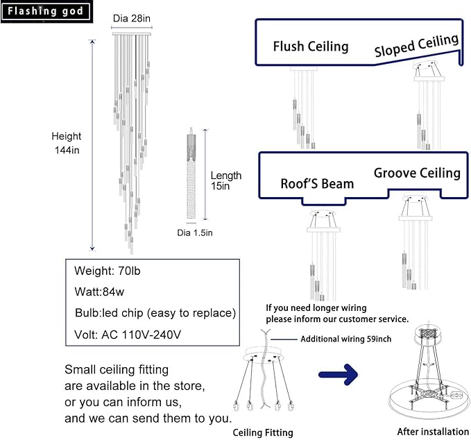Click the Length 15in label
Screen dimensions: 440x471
(x=225, y=181)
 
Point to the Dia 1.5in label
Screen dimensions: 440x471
(x=195, y=232)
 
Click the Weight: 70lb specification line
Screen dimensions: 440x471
(x=108, y=269)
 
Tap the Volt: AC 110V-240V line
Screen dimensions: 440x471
(x=128, y=335)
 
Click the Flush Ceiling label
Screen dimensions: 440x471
(x=310, y=46)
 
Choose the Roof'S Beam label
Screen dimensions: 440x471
(x=317, y=184)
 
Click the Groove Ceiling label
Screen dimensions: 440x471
(x=417, y=173)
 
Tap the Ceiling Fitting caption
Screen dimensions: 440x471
(x=262, y=432)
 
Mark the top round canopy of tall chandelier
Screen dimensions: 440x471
(x=130, y=32)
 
